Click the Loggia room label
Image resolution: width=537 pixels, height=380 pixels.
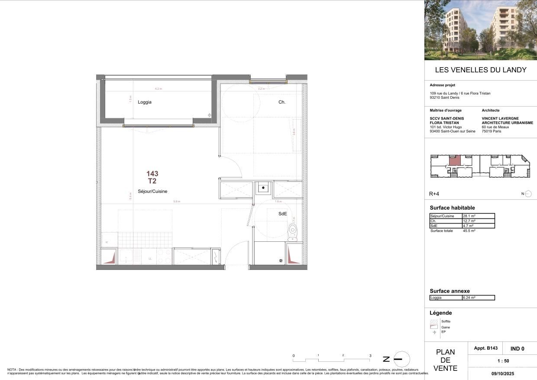pos(145,102)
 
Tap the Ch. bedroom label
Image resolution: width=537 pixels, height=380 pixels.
pos(282,102)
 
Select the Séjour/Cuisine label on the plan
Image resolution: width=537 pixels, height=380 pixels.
pos(152,191)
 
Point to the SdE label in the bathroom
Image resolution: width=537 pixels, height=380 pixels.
pos(282,214)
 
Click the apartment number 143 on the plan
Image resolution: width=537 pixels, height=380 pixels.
pos(152,174)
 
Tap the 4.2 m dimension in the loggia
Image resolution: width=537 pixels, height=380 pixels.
pos(158,89)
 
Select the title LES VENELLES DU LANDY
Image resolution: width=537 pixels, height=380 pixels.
pos(481,70)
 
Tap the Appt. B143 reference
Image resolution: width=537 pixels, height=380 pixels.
pos(486,348)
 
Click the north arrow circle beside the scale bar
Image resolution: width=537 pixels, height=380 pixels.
pos(401,359)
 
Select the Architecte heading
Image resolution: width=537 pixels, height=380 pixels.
pos(491,110)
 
